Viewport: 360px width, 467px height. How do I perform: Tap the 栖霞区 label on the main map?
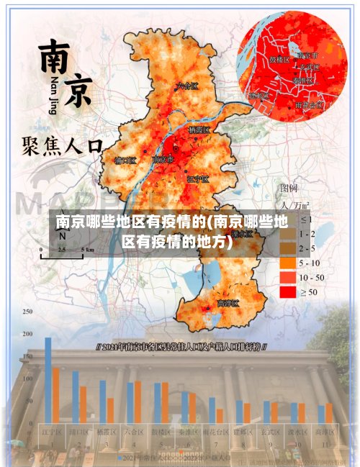pos(199,131)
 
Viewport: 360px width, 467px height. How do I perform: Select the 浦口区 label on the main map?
pos(125,160)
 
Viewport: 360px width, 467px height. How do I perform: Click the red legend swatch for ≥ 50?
pos(287,291)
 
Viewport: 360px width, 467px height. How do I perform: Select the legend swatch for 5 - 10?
pos(287,263)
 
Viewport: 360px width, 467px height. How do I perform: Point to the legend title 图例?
pos(289,188)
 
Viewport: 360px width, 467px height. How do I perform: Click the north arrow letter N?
pos(63,235)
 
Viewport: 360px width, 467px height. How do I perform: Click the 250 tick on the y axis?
pos(27,312)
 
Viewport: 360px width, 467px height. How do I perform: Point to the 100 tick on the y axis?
pos(27,378)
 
